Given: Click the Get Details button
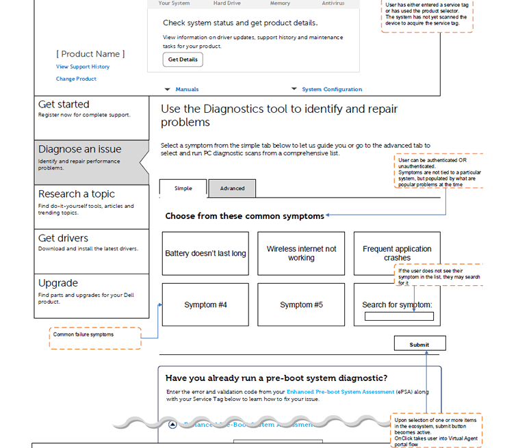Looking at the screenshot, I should (183, 60).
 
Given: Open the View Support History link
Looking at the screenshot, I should (83, 67).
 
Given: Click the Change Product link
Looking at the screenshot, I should (76, 79).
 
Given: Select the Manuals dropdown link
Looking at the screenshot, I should (186, 90).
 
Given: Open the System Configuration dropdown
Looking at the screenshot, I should (331, 90).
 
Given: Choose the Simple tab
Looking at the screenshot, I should (183, 189).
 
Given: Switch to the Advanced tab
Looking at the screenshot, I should (232, 189).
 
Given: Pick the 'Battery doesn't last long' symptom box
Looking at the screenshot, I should (205, 254).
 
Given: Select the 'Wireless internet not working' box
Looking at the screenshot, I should (301, 254).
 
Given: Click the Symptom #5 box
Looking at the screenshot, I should (301, 305).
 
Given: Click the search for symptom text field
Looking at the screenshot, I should (399, 317).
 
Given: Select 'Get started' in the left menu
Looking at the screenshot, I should (91, 109).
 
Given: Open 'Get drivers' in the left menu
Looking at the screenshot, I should (91, 242).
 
